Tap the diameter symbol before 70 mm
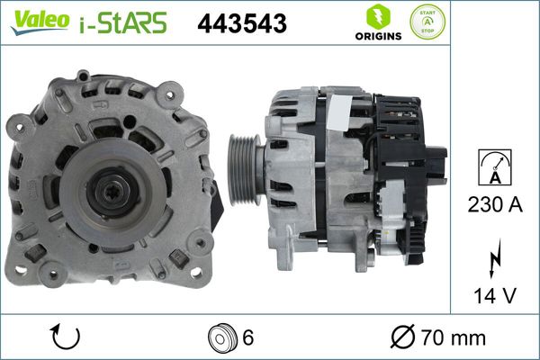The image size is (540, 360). tap(403, 338)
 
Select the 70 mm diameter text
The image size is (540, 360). tap(455, 338)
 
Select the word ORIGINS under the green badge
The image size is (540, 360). tap(375, 38)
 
